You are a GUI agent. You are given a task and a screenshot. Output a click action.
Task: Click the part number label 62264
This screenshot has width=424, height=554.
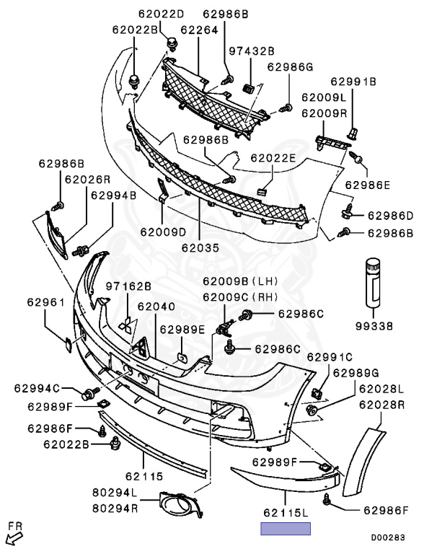point(199,30)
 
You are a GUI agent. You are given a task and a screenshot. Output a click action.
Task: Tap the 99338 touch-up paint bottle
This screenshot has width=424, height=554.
point(373,282)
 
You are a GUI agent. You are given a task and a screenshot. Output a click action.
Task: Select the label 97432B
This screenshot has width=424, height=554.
point(252,51)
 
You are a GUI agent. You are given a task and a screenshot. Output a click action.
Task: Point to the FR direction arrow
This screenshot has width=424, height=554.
point(14,537)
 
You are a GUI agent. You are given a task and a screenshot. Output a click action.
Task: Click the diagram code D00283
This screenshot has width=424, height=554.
point(388,537)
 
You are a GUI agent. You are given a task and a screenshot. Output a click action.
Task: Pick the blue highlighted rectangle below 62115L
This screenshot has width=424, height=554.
point(286,528)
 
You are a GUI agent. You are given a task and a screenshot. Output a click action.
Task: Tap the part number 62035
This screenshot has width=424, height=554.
point(200,247)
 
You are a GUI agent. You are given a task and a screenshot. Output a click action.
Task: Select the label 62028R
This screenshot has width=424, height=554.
point(381,405)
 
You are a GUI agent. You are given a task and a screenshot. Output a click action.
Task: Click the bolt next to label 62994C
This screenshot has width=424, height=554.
point(89,393)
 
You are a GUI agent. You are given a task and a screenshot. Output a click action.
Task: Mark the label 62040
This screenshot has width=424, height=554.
point(156,307)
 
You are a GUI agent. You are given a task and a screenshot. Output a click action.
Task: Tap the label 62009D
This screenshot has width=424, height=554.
point(163,232)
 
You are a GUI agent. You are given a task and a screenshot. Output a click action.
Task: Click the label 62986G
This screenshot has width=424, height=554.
point(290,67)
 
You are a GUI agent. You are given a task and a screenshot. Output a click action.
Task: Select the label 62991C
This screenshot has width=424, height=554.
point(330,357)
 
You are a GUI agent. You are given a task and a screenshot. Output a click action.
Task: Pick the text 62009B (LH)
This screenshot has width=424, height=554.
point(240,281)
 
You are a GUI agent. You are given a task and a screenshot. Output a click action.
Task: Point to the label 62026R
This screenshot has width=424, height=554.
point(87,180)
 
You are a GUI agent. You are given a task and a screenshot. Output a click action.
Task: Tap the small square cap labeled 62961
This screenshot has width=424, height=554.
point(69,345)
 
